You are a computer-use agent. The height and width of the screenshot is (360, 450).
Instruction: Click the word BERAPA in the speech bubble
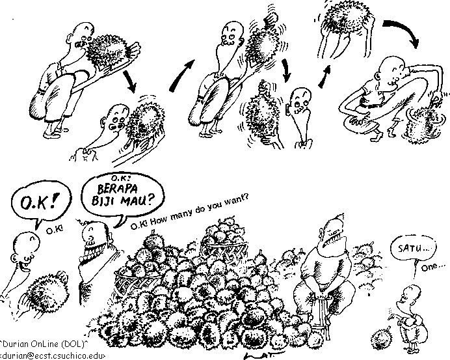117,189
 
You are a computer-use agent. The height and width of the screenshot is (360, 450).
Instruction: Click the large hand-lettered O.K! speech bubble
41,204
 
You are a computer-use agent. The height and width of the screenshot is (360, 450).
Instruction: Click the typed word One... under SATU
433,267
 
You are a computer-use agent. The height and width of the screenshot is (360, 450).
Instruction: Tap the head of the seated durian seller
333,232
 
